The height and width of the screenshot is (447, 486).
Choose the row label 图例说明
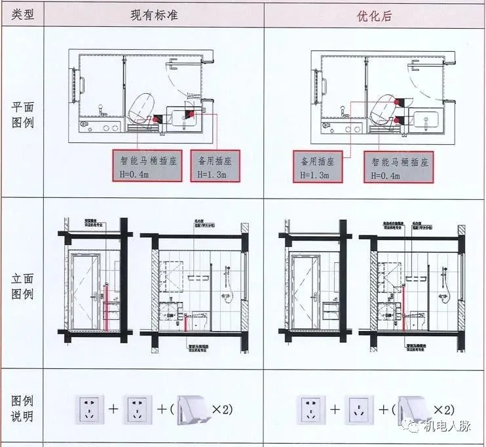point(22,408)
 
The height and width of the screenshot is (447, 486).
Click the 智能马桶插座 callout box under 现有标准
point(147,167)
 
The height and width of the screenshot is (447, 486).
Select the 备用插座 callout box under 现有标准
point(215,167)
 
